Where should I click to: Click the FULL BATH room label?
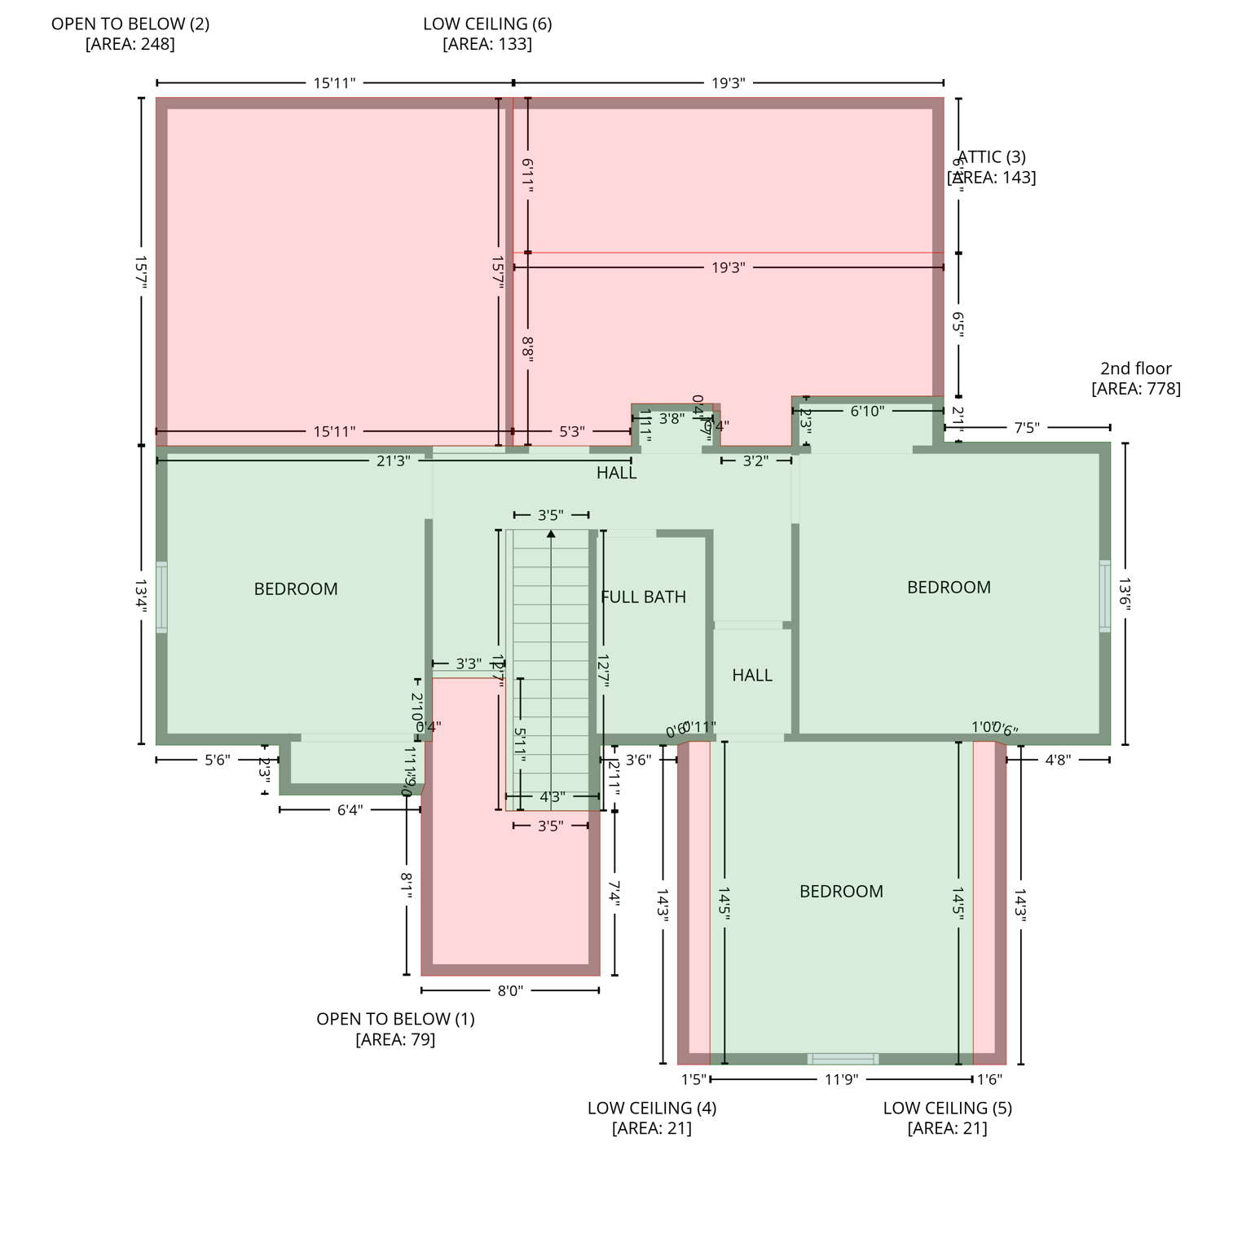click(x=643, y=597)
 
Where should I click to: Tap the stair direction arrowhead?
click(x=551, y=534)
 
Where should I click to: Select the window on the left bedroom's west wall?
click(x=161, y=597)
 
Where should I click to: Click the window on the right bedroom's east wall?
click(x=1104, y=595)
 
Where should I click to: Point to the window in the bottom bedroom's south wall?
click(x=843, y=1059)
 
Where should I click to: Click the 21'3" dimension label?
click(x=393, y=461)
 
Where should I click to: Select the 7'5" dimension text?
click(x=1026, y=428)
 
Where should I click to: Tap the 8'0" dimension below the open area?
click(x=510, y=990)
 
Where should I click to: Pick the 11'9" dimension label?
click(x=841, y=1079)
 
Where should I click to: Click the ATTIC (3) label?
click(x=992, y=157)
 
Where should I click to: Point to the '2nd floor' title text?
click(x=1135, y=368)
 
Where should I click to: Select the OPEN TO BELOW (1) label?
click(x=395, y=1019)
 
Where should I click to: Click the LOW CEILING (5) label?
click(x=947, y=1108)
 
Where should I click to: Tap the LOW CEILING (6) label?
click(x=487, y=24)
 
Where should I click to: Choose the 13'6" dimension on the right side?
click(x=1125, y=593)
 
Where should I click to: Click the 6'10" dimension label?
click(x=866, y=411)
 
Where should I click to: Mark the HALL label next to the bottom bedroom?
click(x=751, y=675)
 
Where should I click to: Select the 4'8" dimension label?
click(x=1057, y=760)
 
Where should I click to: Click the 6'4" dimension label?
click(x=350, y=809)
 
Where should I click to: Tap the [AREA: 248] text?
click(x=130, y=44)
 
